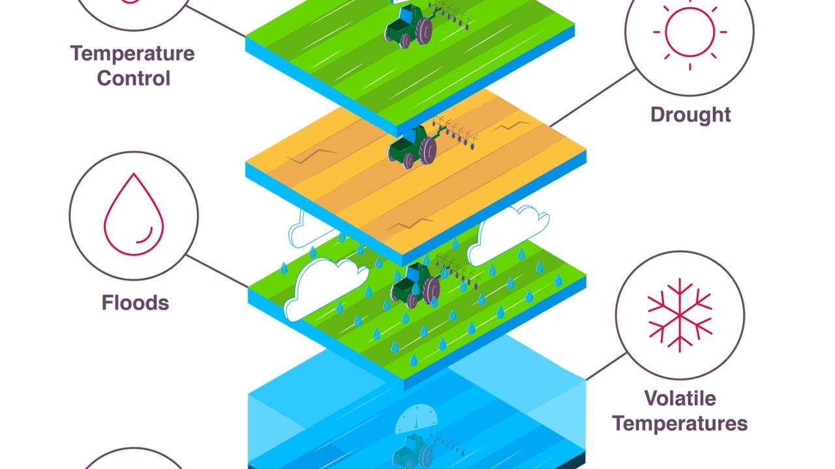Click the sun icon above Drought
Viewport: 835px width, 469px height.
(x=690, y=32)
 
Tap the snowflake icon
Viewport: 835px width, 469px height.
(x=680, y=315)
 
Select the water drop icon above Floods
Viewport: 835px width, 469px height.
(x=134, y=214)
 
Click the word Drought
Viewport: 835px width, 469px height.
(x=690, y=115)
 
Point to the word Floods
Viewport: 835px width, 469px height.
(x=135, y=302)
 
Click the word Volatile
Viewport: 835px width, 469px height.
(x=680, y=398)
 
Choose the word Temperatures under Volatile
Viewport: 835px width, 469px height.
(x=680, y=423)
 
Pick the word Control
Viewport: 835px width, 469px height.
(x=134, y=78)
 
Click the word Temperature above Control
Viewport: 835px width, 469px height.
(x=132, y=53)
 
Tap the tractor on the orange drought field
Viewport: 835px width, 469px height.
(x=412, y=147)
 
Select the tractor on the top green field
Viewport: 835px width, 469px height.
(x=408, y=26)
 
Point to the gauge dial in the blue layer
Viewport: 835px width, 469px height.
(x=416, y=420)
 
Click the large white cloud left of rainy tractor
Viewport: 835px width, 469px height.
(x=325, y=289)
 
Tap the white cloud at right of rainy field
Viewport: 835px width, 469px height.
(x=508, y=234)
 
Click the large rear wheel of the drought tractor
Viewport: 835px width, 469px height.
(x=428, y=150)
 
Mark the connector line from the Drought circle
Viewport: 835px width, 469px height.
(x=593, y=98)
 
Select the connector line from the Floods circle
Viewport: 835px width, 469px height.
(x=217, y=271)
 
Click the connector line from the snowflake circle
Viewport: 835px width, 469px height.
(x=606, y=367)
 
